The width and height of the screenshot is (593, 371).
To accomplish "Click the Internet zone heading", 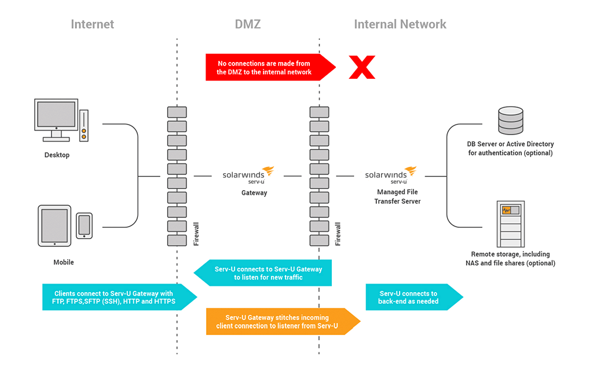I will point(92,24).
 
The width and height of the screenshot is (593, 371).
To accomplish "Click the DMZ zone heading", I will point(247,24).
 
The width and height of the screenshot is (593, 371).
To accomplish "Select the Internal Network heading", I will point(400,24).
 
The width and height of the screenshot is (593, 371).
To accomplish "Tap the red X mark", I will point(361,67).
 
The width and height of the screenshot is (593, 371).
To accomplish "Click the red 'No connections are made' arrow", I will point(266,67).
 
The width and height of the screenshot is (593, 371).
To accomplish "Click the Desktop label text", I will point(57,155).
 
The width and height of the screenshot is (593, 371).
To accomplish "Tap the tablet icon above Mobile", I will point(54,225).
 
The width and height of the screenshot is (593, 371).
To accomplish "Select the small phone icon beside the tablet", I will point(84,225).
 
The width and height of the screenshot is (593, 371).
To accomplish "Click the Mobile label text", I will point(64,262).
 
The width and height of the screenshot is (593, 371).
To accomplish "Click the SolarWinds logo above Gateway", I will point(248,173).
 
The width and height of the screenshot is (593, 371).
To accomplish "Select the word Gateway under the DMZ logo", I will point(254,193).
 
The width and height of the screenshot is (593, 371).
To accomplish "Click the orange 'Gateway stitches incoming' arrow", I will point(281,322).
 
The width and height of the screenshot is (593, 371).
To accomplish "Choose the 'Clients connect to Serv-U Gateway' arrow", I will point(116,297).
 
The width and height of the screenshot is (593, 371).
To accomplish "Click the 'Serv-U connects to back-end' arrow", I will point(411,297).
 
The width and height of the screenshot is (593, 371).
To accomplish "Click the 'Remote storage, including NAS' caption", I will point(510,259).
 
